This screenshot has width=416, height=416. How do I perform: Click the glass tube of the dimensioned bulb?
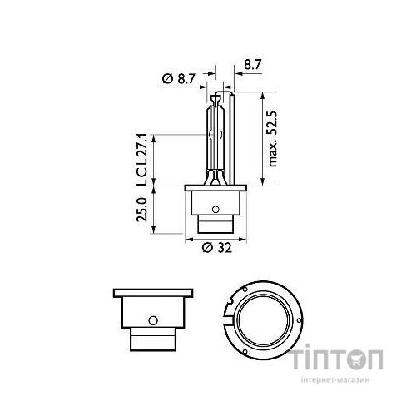click(x=215, y=133)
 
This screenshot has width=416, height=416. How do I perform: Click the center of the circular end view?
click(x=265, y=319)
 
